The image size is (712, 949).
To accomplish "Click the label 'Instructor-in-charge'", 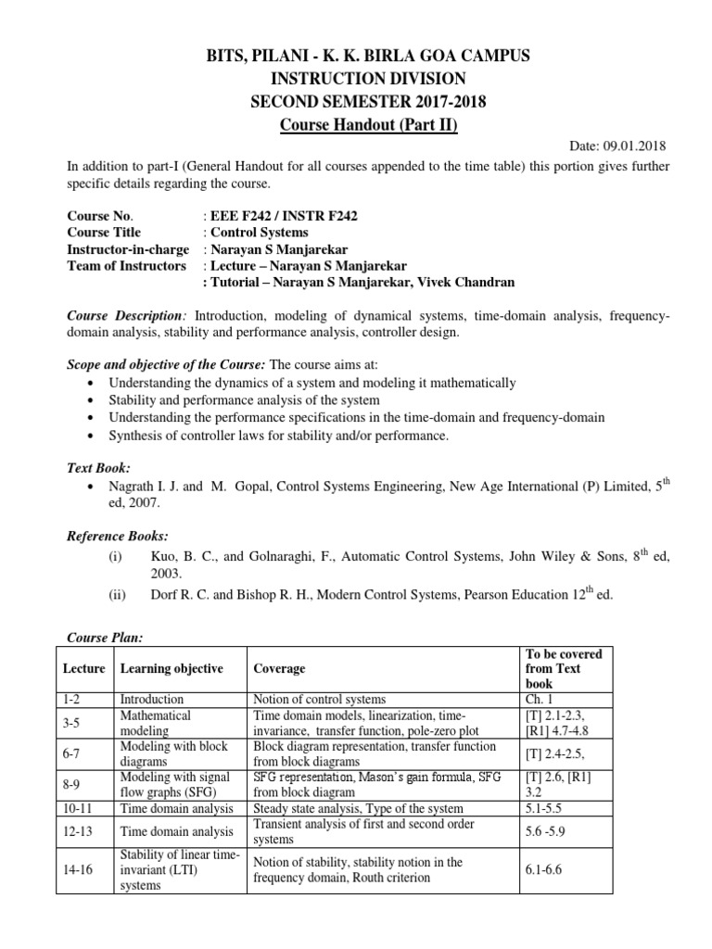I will (128, 249).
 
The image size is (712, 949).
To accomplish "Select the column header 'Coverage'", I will (279, 668).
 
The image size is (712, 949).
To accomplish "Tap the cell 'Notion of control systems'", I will (319, 699).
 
